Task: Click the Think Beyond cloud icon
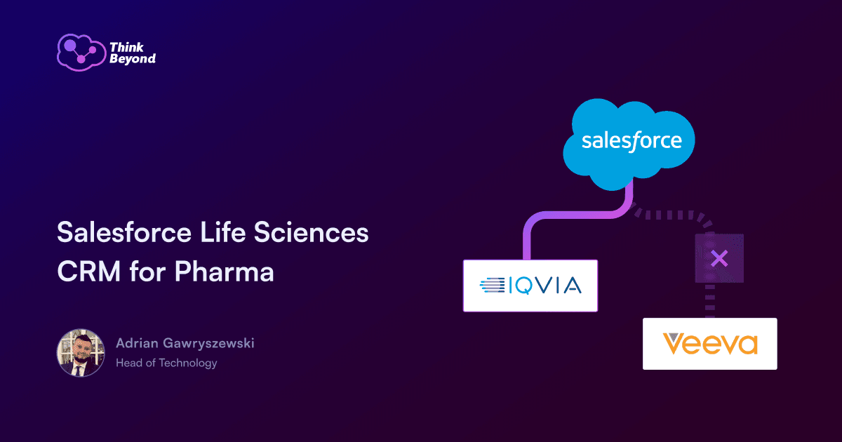click(81, 52)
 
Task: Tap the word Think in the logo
click(127, 48)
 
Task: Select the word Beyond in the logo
click(133, 59)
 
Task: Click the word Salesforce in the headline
click(124, 232)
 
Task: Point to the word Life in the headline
click(222, 232)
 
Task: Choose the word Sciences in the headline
click(312, 232)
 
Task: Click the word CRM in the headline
click(89, 272)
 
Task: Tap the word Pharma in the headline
click(224, 272)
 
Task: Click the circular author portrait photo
click(81, 353)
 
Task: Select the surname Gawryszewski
click(208, 343)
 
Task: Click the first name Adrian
click(138, 343)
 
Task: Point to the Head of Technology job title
click(166, 363)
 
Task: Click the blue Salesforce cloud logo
click(629, 145)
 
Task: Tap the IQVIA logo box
click(530, 286)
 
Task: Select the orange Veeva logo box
click(709, 344)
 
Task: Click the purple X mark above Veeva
click(719, 259)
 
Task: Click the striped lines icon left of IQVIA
click(493, 286)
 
